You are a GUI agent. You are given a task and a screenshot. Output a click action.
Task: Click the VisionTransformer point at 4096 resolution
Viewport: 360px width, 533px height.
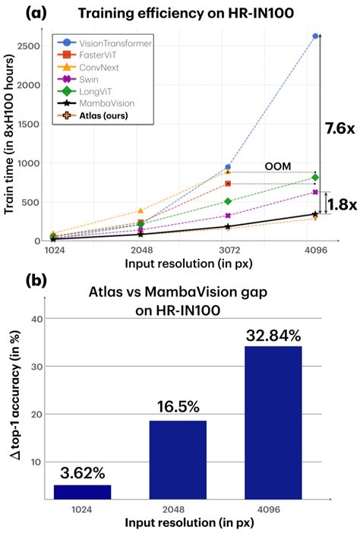tap(315, 36)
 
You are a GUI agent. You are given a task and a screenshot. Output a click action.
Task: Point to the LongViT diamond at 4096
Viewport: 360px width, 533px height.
tap(315, 178)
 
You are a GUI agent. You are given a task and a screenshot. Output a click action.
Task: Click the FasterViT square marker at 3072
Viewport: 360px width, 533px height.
tap(227, 184)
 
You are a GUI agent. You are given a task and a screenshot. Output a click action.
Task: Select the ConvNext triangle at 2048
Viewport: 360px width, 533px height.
tap(140, 211)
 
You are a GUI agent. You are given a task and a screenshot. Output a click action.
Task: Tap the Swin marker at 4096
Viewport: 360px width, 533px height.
tap(315, 192)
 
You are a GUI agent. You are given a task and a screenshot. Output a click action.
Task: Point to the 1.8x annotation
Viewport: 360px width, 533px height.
tap(341, 204)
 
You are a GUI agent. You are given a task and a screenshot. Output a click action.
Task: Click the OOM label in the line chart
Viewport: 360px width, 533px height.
tap(277, 165)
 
